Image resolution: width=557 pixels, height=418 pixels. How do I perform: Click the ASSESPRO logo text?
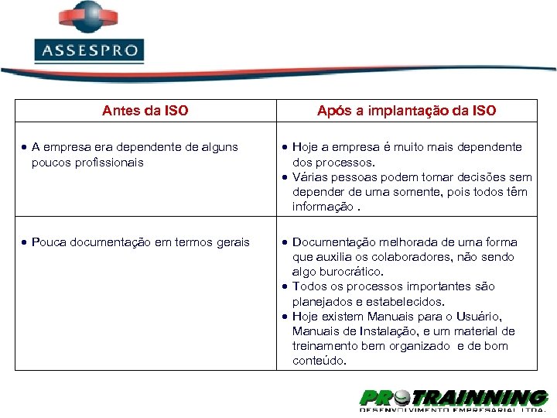[x=89, y=52]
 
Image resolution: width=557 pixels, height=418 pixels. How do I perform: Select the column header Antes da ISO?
[x=145, y=111]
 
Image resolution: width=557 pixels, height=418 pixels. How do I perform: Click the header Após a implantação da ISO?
[x=406, y=111]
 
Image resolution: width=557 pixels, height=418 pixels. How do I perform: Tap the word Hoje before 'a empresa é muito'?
[x=306, y=147]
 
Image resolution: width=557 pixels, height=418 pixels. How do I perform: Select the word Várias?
[x=309, y=177]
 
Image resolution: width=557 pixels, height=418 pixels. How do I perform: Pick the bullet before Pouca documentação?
[x=26, y=242]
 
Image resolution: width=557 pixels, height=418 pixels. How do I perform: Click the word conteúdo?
[x=319, y=361]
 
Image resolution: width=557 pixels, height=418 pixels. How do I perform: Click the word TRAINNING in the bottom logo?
[x=481, y=398]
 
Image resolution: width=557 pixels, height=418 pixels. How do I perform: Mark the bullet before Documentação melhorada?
[x=285, y=242]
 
